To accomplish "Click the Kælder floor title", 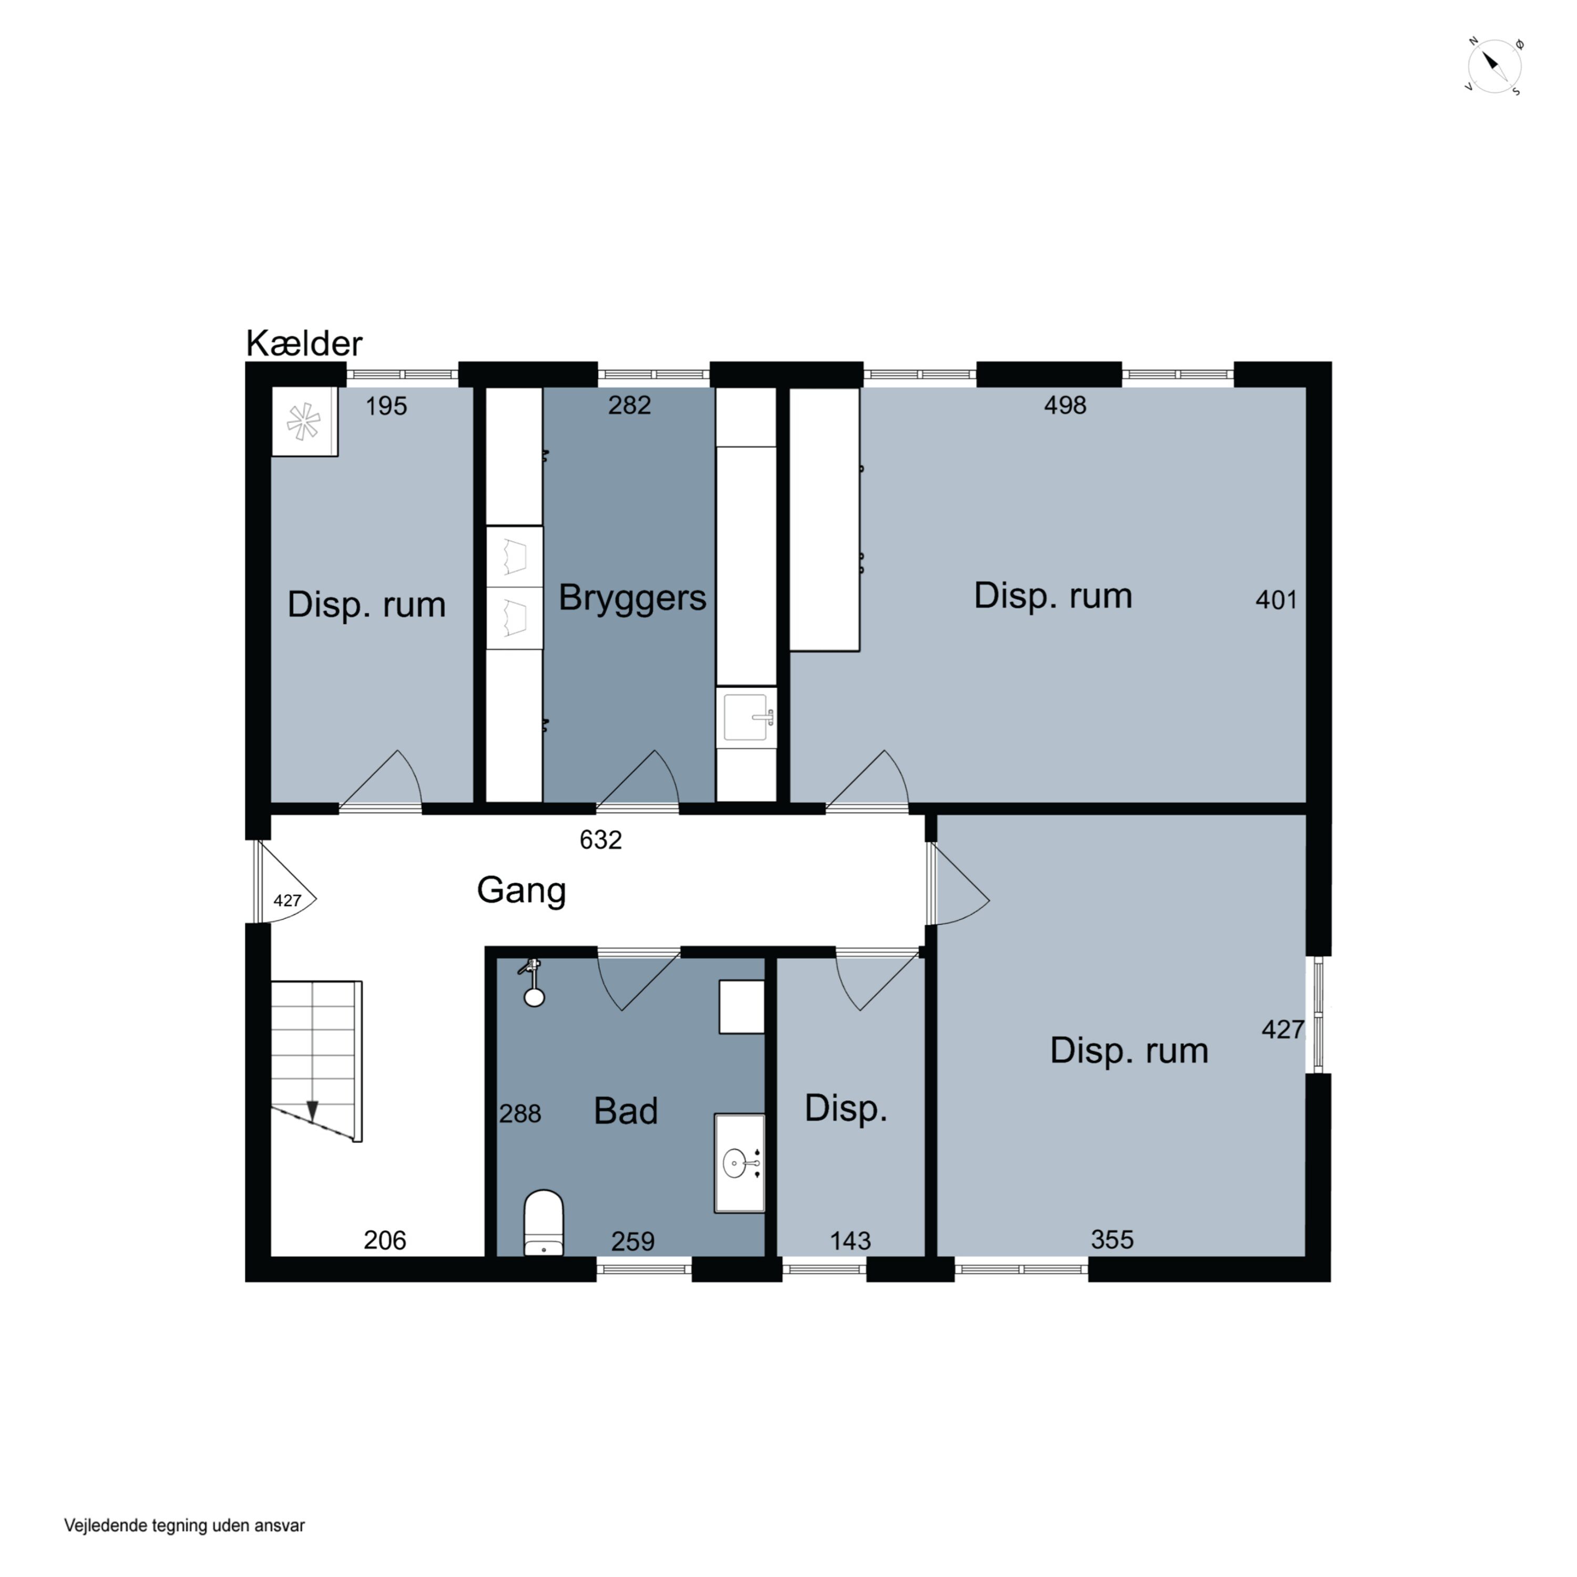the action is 304,344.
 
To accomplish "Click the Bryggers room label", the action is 632,598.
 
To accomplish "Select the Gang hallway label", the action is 521,890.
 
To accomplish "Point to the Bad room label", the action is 625,1111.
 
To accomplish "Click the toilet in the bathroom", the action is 543,1222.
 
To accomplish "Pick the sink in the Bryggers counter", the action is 746,718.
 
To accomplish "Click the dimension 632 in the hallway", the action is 601,840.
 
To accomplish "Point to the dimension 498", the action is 1065,406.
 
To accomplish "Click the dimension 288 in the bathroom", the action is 520,1113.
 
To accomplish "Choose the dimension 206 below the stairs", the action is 384,1241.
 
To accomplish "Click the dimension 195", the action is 386,406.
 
